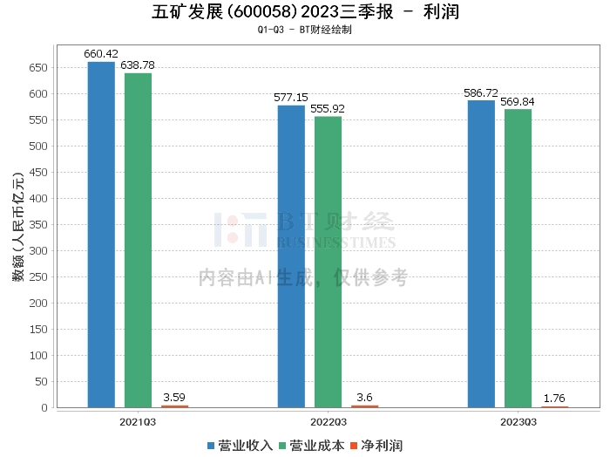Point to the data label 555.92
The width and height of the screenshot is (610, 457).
click(x=328, y=109)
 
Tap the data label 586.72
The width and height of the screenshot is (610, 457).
click(x=481, y=92)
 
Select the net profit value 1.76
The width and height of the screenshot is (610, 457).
click(x=554, y=399)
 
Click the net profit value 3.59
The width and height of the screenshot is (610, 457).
click(x=174, y=398)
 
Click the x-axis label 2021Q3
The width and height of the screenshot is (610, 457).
click(x=138, y=421)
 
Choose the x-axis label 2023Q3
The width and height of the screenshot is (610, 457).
click(x=518, y=421)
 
